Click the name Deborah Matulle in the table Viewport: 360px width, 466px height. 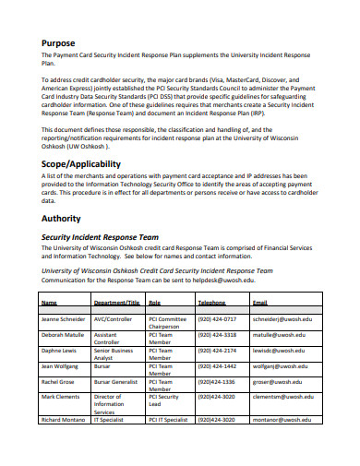[63, 335]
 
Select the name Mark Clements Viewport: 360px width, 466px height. [61, 397]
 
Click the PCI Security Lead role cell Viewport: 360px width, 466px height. [163, 400]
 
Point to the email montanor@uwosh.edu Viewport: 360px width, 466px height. [282, 420]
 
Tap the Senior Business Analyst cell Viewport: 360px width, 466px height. [114, 355]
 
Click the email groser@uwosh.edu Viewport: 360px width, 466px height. [277, 381]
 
